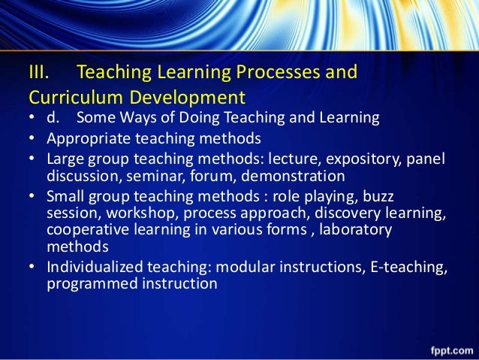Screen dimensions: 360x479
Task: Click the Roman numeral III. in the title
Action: [x=39, y=74]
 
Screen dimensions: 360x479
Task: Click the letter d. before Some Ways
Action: [x=57, y=118]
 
